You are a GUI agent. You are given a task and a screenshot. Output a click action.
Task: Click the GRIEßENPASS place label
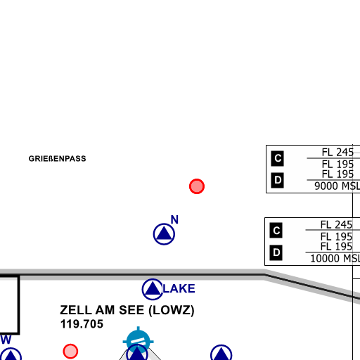click(57, 159)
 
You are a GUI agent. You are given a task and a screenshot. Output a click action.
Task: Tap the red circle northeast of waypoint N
click(197, 186)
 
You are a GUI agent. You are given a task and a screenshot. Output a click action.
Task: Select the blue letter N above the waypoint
click(174, 219)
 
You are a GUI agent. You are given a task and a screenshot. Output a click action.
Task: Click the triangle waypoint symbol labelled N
click(164, 234)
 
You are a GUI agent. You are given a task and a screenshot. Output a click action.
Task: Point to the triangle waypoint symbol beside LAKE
click(153, 289)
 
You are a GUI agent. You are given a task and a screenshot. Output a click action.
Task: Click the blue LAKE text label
click(179, 288)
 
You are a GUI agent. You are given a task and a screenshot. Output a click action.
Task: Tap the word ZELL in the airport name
click(76, 310)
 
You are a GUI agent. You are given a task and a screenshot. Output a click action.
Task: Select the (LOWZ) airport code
click(172, 311)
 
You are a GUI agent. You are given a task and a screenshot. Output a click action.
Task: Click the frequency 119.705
click(82, 324)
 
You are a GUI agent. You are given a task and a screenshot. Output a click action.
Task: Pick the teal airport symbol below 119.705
click(139, 340)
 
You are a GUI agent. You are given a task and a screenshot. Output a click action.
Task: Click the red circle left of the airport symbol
click(70, 352)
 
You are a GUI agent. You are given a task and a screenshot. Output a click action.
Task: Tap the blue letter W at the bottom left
click(6, 340)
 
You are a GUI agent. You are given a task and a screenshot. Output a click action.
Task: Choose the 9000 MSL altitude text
click(337, 186)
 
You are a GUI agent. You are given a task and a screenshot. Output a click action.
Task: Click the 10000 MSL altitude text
click(335, 259)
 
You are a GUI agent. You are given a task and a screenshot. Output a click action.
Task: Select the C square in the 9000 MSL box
click(278, 158)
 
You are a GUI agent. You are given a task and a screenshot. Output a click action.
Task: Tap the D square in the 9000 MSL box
click(278, 180)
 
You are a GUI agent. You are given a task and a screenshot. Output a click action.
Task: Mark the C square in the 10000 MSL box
click(276, 231)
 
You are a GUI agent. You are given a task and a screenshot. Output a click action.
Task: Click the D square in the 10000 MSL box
click(276, 252)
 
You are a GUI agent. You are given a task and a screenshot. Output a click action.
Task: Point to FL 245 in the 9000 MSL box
click(337, 153)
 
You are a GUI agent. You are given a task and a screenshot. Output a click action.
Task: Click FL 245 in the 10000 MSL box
click(336, 225)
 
